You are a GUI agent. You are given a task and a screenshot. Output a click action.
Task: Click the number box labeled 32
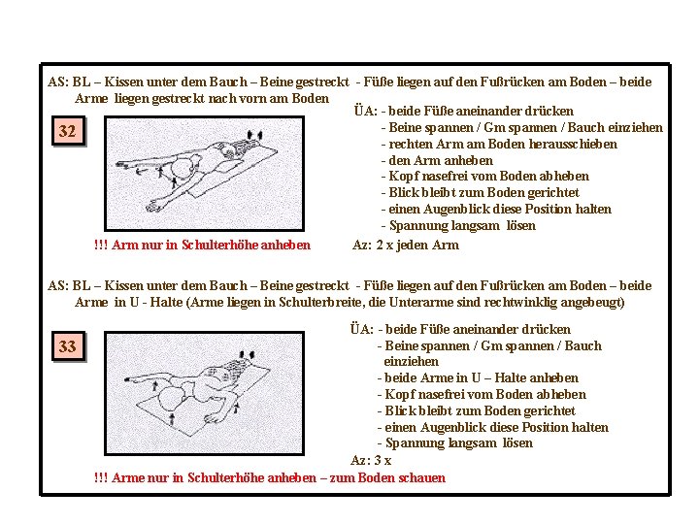coord(69,131)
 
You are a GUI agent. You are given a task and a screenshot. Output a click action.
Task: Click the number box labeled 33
coord(69,346)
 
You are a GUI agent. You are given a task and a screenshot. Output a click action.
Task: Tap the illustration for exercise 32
coord(204,174)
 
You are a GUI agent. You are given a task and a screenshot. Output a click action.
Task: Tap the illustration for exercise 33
coord(204,393)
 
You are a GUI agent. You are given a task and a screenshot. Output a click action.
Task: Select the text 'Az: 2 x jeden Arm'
coord(406,246)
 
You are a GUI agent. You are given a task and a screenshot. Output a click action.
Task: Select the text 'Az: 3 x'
coord(371,460)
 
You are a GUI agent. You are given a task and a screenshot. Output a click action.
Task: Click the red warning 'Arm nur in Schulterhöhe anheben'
coord(202,245)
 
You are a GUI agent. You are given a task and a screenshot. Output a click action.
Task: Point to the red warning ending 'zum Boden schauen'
coord(270,477)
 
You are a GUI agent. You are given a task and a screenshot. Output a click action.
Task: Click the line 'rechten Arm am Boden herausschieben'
coord(500,144)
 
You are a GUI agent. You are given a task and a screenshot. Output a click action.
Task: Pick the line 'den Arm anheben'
coord(437,160)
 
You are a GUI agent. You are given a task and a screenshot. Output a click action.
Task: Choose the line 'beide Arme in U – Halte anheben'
coord(478,377)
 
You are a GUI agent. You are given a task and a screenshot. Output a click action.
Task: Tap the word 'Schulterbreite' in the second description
coord(320,302)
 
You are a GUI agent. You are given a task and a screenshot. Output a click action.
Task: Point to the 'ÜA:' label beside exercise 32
coord(366,111)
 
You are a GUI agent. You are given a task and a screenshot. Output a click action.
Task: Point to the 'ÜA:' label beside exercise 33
coord(361,329)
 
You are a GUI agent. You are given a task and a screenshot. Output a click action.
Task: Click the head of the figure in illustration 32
coord(183,167)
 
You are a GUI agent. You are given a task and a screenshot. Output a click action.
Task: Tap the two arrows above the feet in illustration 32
coord(255,135)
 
